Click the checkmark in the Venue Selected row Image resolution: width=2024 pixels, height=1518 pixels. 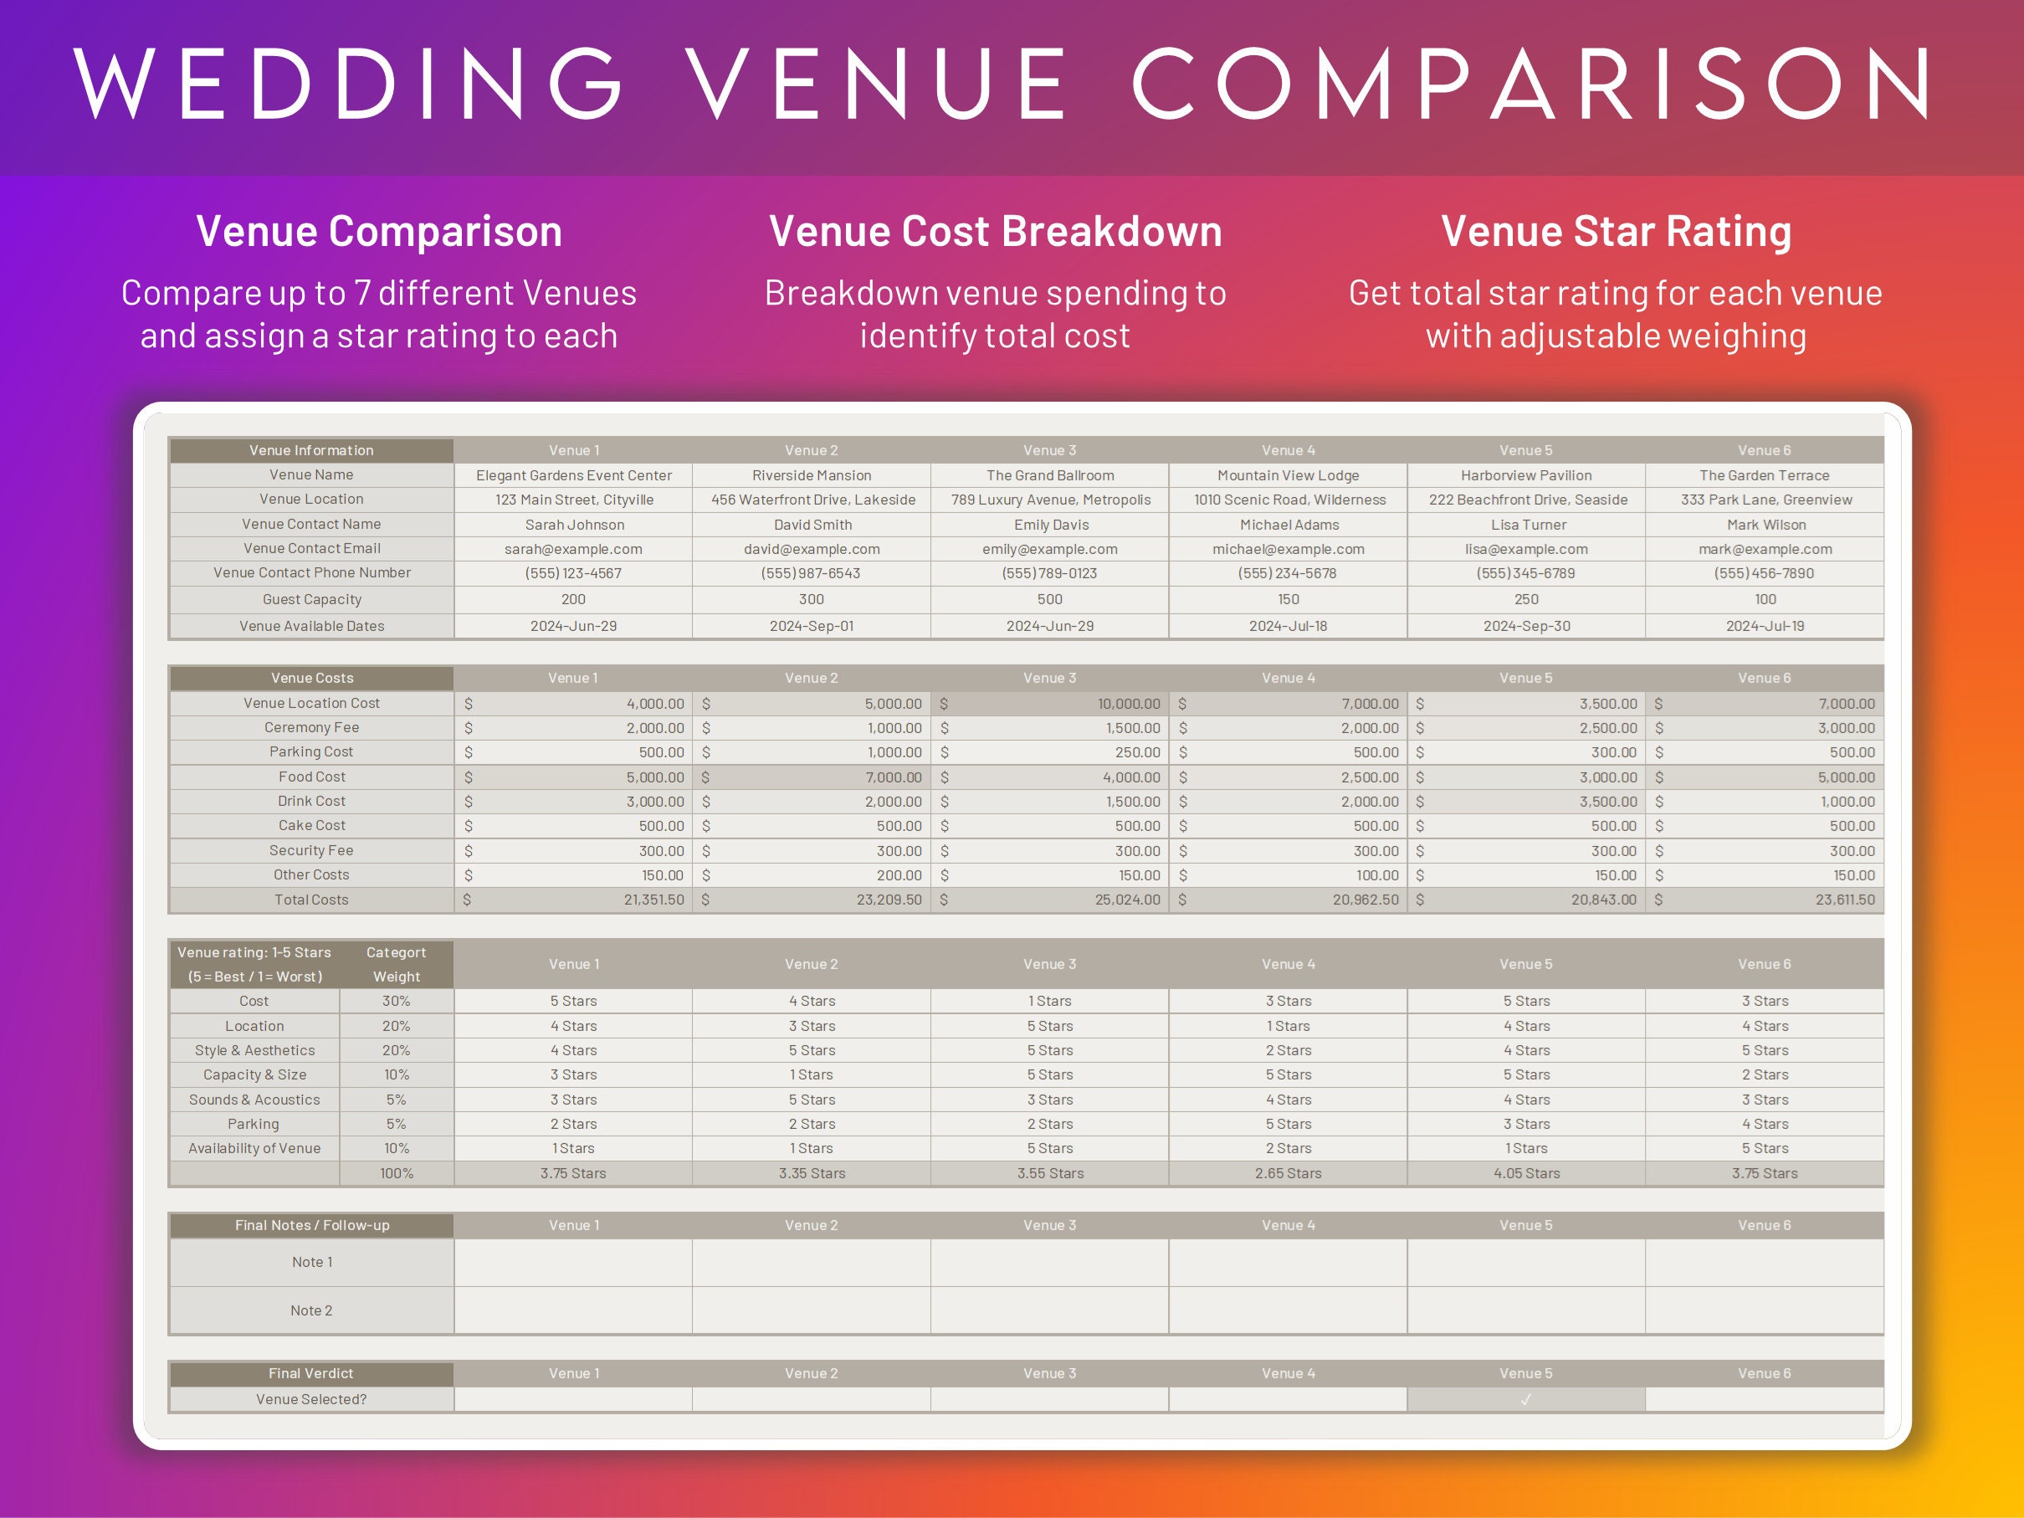click(1525, 1399)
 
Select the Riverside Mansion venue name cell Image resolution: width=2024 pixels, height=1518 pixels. click(811, 474)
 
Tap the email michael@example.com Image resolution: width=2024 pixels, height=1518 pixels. click(1288, 549)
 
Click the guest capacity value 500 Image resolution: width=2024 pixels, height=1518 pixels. click(1049, 599)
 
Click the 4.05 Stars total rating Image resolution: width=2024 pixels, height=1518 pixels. click(1526, 1173)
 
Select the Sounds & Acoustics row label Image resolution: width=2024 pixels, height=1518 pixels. click(254, 1100)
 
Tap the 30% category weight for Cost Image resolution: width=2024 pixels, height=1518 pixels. click(397, 1001)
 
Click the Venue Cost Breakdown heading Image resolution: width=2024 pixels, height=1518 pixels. click(995, 231)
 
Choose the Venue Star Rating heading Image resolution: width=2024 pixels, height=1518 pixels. click(1616, 231)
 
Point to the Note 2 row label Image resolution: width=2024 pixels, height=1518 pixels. click(311, 1310)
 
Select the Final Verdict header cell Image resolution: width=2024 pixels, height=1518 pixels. click(311, 1373)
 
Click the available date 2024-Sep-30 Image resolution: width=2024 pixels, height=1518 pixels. click(1526, 626)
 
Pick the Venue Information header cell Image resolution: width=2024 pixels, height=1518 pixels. click(311, 450)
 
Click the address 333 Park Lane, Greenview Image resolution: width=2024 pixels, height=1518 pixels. click(1765, 500)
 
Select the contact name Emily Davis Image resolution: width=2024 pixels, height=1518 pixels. click(1050, 525)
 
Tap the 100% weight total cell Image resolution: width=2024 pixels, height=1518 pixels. click(397, 1173)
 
